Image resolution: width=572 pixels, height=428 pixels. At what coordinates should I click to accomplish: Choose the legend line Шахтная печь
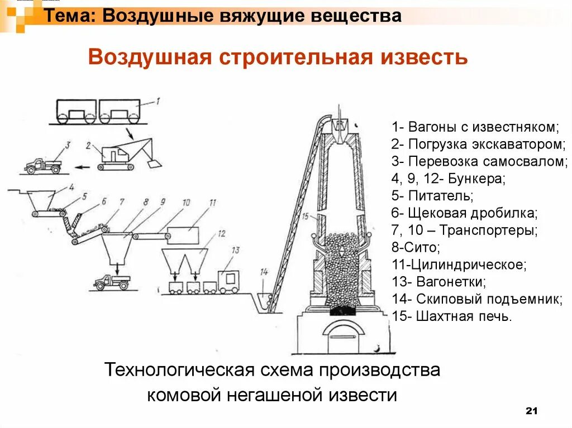[451, 316]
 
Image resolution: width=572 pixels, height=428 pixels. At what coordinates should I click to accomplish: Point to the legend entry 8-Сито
[416, 247]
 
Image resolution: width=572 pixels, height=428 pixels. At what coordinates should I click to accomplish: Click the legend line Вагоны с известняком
[475, 126]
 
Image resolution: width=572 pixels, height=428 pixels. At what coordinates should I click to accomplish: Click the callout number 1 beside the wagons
[158, 101]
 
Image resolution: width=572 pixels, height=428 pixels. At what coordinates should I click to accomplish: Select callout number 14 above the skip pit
[264, 272]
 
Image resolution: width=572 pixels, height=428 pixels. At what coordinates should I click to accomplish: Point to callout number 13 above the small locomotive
[235, 249]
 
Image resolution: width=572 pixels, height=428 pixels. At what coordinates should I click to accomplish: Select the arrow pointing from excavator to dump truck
[83, 166]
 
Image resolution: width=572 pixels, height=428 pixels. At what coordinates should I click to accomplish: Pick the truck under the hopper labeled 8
[112, 282]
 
